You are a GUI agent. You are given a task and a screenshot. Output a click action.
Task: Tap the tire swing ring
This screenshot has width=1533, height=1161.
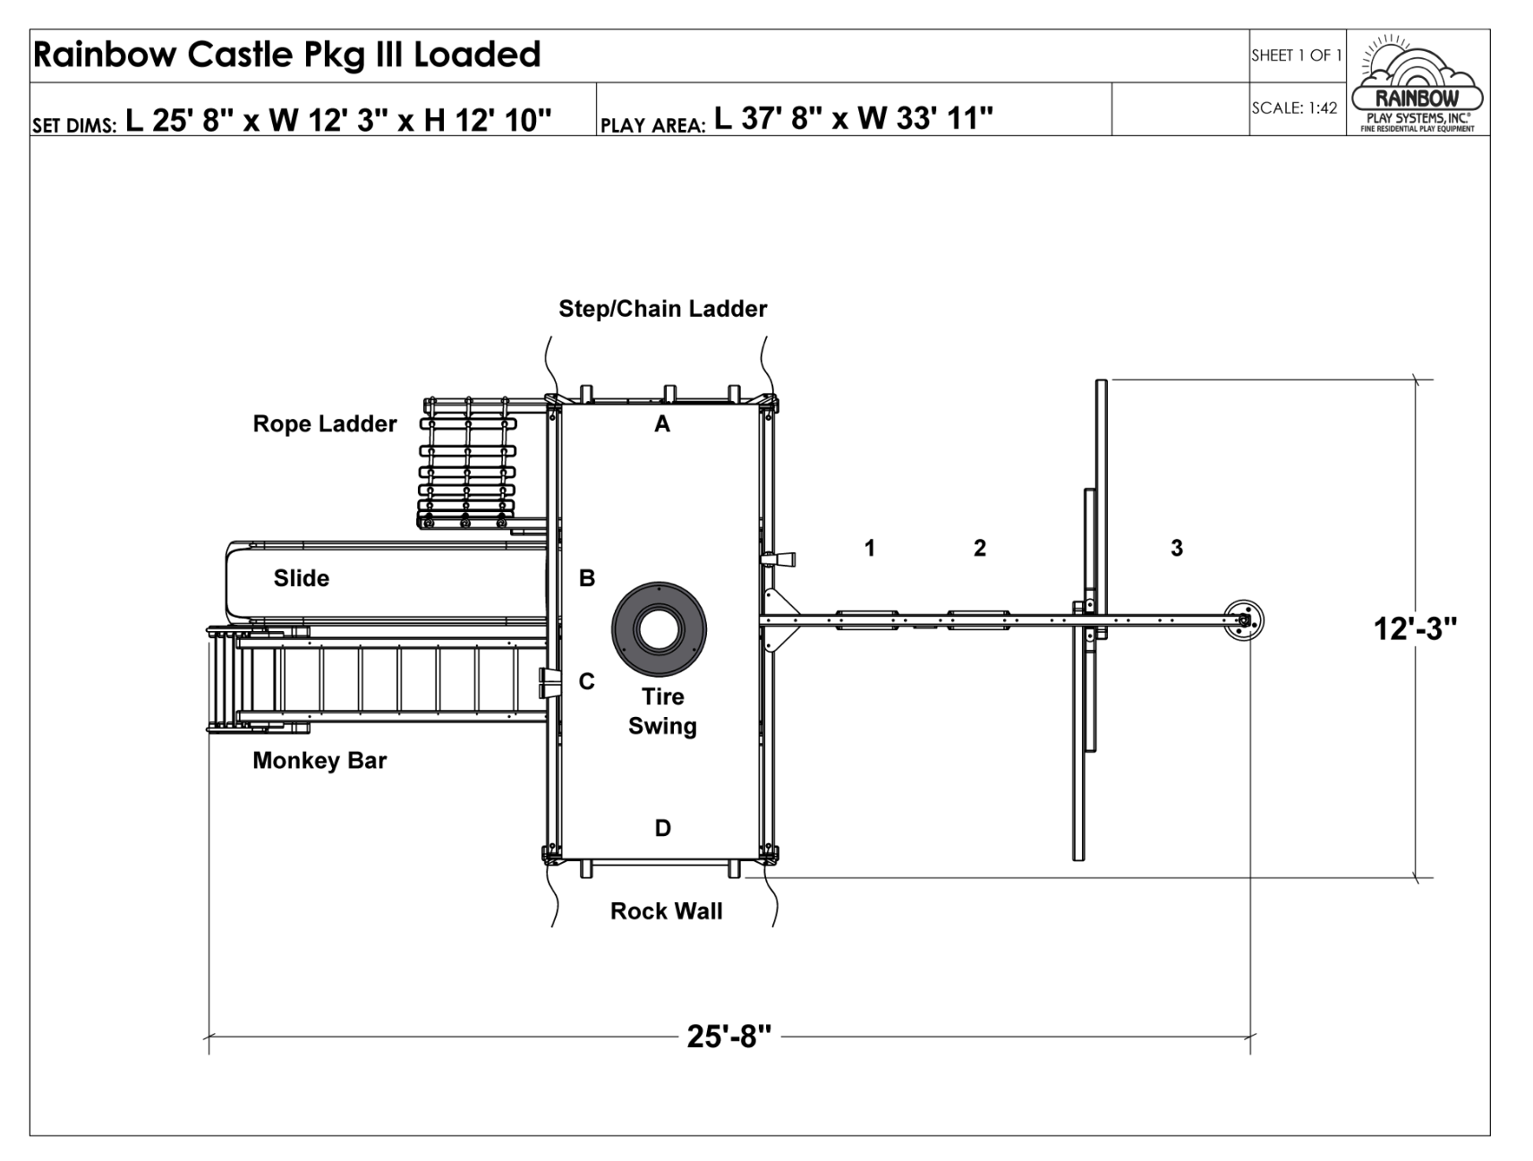(659, 629)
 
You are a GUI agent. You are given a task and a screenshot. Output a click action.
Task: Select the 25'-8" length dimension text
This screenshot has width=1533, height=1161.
(728, 1036)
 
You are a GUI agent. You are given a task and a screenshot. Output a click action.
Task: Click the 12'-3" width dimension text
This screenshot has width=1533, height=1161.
(1415, 629)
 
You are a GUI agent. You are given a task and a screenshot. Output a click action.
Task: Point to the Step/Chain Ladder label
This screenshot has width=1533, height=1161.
(662, 309)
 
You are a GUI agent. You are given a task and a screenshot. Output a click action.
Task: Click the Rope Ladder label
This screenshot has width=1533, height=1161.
(324, 424)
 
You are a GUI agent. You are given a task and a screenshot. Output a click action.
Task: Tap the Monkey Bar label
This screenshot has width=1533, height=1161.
(319, 761)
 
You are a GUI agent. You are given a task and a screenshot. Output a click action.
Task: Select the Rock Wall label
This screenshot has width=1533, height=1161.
(666, 911)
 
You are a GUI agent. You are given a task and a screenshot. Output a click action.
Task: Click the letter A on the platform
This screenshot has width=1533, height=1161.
(662, 424)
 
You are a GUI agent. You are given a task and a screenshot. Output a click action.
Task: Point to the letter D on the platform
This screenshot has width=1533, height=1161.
(662, 828)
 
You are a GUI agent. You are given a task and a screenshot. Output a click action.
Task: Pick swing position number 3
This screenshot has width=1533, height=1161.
(1177, 548)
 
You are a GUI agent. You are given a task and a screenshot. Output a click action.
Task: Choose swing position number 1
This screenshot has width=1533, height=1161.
(869, 548)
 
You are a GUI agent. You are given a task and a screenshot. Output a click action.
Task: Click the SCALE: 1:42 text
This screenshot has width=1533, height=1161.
(1294, 108)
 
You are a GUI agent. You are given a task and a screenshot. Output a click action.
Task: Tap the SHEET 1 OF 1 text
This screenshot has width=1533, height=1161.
(1296, 55)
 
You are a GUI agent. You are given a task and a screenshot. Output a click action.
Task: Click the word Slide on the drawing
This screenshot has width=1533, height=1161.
(302, 578)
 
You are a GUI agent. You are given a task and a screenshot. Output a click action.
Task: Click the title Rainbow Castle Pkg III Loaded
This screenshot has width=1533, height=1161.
(287, 55)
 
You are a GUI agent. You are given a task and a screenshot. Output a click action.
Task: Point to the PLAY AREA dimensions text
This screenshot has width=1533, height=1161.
(796, 118)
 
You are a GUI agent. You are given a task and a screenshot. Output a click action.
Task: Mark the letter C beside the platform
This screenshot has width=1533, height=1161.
(586, 682)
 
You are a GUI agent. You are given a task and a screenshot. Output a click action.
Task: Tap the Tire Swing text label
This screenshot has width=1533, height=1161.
(662, 712)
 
